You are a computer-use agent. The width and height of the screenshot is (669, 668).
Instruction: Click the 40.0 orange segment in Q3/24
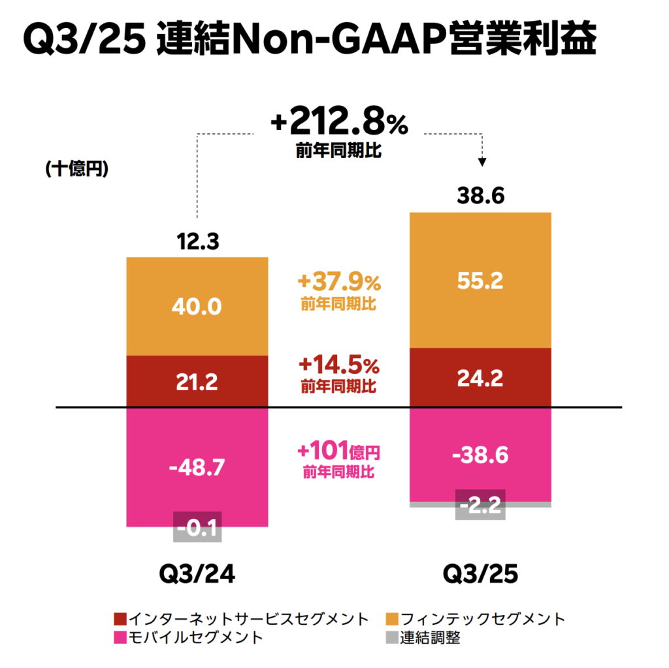coord(197,307)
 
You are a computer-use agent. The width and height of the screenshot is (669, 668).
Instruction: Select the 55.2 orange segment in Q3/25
coord(480,280)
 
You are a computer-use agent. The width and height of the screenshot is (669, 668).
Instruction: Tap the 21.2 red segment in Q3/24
coord(197,382)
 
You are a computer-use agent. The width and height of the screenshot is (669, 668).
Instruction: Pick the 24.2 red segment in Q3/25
coord(480,377)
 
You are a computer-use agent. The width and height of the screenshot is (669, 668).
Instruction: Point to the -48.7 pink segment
coord(197,466)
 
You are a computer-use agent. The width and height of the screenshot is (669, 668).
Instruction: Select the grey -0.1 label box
coord(197,526)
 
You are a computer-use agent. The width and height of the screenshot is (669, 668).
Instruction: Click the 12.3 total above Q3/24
coord(197,242)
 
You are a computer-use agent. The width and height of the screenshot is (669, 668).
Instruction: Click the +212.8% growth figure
coord(338,123)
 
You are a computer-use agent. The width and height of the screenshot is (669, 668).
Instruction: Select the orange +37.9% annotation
coord(338,283)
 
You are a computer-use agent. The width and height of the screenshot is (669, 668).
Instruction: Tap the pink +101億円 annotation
coord(338,451)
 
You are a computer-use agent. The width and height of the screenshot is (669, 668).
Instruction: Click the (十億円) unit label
coord(77,169)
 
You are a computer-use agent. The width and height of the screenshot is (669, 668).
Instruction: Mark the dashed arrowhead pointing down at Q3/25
coord(482,161)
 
